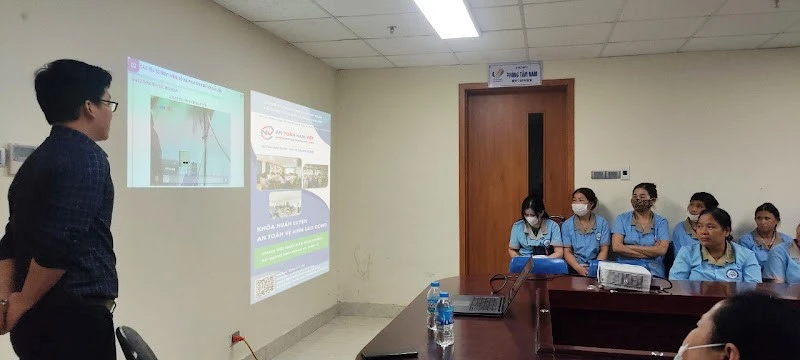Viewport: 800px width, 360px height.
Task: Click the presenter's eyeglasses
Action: pos(106,103)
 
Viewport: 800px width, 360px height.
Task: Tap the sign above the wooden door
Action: pos(514,74)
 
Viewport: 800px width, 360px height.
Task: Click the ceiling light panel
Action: pos(447,18)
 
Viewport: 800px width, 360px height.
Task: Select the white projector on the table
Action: pos(624,275)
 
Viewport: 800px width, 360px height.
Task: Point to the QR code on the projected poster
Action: pos(265,286)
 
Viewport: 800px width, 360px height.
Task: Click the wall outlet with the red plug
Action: pos(236,338)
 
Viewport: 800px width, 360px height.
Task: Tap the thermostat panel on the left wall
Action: pos(19,155)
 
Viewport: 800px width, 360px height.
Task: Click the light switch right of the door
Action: pos(605,174)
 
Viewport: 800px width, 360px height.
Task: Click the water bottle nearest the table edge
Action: pos(444,322)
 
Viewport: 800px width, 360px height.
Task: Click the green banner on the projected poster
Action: pos(290,250)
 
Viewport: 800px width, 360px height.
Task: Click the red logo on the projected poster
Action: pos(267,132)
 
